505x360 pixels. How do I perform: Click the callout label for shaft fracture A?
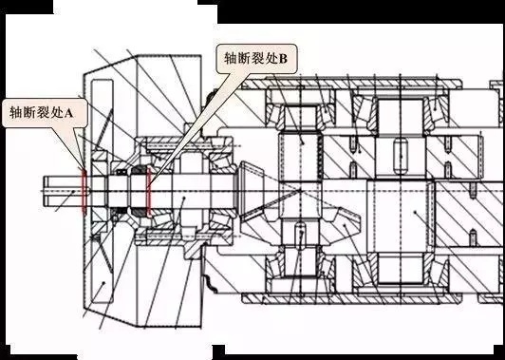coord(45,112)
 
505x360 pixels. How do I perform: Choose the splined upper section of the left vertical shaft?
coord(301,152)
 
